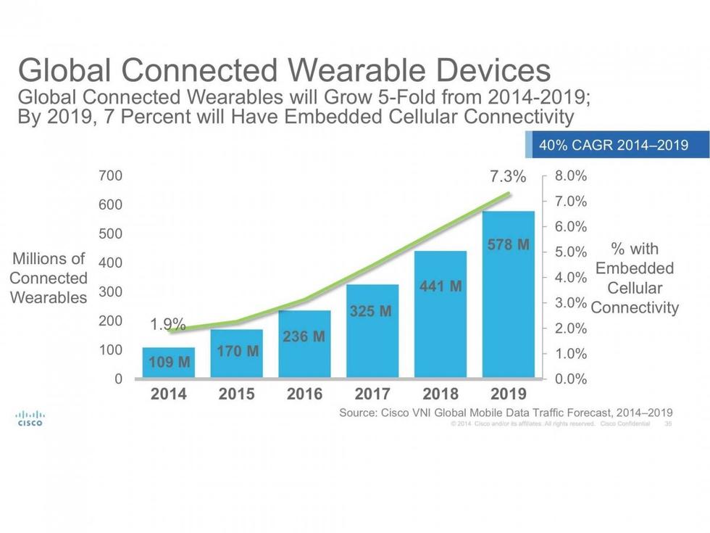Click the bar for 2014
pos(168,363)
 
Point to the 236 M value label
pos(304,337)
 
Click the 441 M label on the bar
pos(440,286)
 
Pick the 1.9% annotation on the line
pos(168,325)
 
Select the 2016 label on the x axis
pos(304,394)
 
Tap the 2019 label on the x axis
pos(509,394)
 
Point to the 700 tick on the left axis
pos(111,175)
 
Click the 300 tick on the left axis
pos(111,292)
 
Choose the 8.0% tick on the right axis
pos(571,176)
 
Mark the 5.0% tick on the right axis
pos(571,252)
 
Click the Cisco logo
pos(29,418)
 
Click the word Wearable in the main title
pos(359,71)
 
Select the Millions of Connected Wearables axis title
pos(49,278)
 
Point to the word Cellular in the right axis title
pos(635,288)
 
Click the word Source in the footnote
pos(361,412)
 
